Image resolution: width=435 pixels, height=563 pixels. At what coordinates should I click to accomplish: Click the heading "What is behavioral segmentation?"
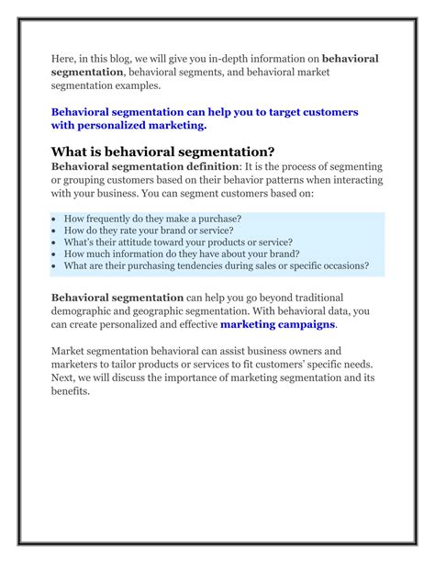(x=162, y=152)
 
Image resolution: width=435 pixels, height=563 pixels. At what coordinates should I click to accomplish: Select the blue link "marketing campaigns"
(x=278, y=324)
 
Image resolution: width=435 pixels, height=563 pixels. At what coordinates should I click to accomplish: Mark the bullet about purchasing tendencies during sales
(x=217, y=266)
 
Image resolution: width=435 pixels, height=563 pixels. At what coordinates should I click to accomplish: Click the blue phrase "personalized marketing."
(x=140, y=125)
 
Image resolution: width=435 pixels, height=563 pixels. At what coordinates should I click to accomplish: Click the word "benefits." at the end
(x=71, y=390)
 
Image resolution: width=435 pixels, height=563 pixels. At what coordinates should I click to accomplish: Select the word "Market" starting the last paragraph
(x=71, y=351)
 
